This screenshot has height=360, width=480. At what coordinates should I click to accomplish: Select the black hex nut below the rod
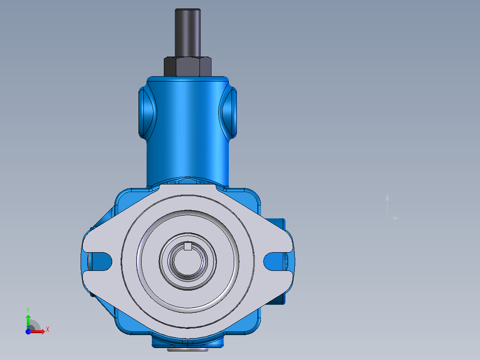pyautogui.click(x=187, y=66)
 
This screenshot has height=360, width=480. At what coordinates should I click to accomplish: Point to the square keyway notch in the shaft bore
pyautogui.click(x=188, y=246)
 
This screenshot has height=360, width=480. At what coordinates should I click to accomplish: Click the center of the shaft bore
pyautogui.click(x=188, y=263)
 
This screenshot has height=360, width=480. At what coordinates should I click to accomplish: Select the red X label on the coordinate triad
pyautogui.click(x=47, y=329)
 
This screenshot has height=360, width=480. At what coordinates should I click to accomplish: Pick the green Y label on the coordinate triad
pyautogui.click(x=28, y=309)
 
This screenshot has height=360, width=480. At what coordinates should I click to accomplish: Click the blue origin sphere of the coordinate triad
pyautogui.click(x=28, y=331)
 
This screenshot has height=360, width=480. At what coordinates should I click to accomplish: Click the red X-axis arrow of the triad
pyautogui.click(x=39, y=331)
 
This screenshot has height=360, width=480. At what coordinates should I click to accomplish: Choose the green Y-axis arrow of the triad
pyautogui.click(x=28, y=320)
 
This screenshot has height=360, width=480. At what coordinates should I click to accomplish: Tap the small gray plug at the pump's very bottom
pyautogui.click(x=187, y=350)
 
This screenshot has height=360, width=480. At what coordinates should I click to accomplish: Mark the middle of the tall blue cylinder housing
pyautogui.click(x=187, y=134)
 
